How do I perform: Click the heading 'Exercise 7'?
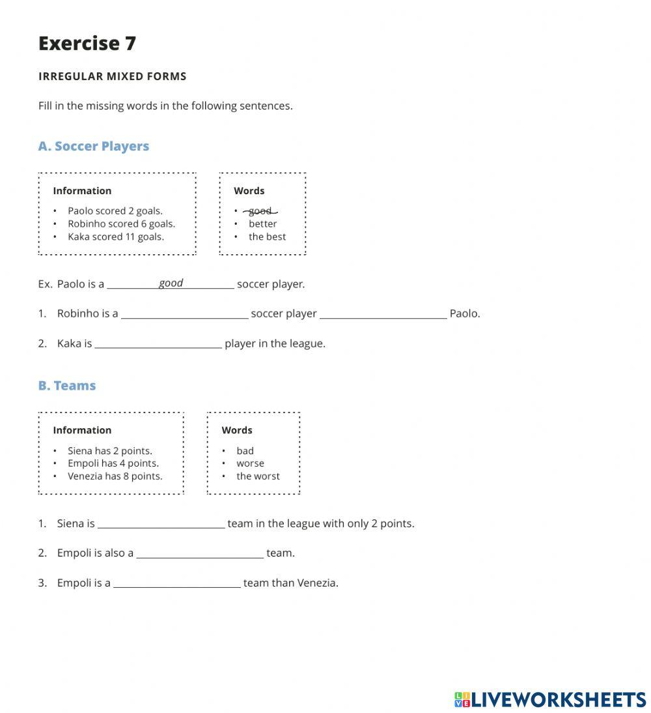tap(87, 43)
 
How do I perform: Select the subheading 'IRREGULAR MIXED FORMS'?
tap(113, 76)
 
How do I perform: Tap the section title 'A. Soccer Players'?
tap(94, 146)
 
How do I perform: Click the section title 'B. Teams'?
tap(67, 385)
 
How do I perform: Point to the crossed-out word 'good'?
tap(260, 211)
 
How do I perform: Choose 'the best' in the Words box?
tap(267, 237)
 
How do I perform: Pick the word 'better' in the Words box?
tap(262, 224)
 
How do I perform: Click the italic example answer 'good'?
tap(171, 283)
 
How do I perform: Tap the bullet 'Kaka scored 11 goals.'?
tap(116, 237)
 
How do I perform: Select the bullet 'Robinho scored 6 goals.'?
tap(121, 224)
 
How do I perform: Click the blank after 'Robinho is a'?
tap(184, 313)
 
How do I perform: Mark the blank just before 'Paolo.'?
tap(383, 313)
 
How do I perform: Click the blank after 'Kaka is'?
tap(158, 343)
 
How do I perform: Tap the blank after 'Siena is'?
tap(161, 523)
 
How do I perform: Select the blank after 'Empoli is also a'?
tap(200, 553)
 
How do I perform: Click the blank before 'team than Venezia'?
tap(176, 583)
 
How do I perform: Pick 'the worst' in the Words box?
tap(258, 476)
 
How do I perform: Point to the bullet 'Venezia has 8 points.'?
tap(115, 476)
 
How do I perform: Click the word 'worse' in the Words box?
tap(250, 463)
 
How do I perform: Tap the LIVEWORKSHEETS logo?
tap(549, 699)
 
